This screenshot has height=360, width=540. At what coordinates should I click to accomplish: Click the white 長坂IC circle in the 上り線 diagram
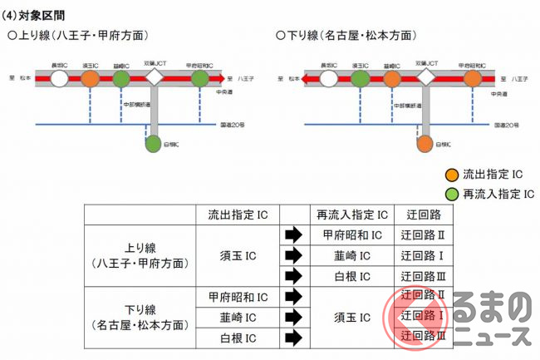coord(59,79)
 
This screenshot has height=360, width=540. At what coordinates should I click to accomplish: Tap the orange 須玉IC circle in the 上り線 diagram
coord(90,79)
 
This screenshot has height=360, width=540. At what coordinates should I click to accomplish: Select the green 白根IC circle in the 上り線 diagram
coord(153,143)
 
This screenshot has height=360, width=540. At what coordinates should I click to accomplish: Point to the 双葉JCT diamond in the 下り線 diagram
coord(426,78)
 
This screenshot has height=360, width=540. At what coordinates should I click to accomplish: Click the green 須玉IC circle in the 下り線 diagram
coord(360,79)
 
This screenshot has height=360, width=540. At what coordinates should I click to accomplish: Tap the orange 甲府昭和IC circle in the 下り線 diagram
coord(472,79)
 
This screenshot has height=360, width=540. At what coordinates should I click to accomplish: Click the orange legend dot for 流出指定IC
coord(452,175)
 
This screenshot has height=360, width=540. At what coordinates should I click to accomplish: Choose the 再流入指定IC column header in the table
coord(353,215)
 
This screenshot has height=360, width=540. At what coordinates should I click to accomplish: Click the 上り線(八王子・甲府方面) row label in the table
coord(138,255)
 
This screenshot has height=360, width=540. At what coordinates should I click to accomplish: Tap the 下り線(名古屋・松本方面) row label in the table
coord(138,318)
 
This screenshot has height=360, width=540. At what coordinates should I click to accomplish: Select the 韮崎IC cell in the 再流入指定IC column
coord(353,255)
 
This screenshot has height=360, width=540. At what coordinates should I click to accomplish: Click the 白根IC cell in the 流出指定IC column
coord(238,338)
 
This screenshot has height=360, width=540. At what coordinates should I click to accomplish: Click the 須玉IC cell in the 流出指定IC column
coord(238,255)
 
